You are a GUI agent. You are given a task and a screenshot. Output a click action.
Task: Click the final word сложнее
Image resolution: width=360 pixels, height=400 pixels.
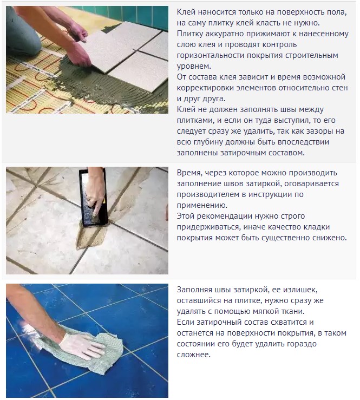click(193, 355)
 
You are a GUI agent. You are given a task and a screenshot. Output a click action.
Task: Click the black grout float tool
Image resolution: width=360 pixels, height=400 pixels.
click(93, 197)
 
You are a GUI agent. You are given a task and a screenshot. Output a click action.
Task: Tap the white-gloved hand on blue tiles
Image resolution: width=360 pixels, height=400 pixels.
click(81, 344)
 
